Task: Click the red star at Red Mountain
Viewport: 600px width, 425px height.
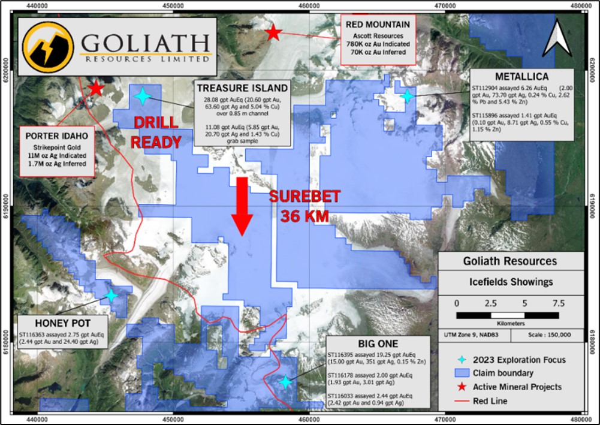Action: tap(273, 32)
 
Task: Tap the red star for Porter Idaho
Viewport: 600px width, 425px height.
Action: tap(96, 89)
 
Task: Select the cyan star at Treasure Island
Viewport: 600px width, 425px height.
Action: tap(143, 96)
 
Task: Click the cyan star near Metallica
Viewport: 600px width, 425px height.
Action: tap(408, 96)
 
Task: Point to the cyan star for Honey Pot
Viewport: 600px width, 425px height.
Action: tap(111, 296)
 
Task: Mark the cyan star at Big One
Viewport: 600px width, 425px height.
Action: tap(286, 382)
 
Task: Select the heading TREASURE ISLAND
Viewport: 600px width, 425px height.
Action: tap(243, 88)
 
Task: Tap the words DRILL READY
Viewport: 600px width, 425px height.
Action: tap(156, 132)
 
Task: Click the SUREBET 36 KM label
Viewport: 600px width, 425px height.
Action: tap(304, 206)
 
